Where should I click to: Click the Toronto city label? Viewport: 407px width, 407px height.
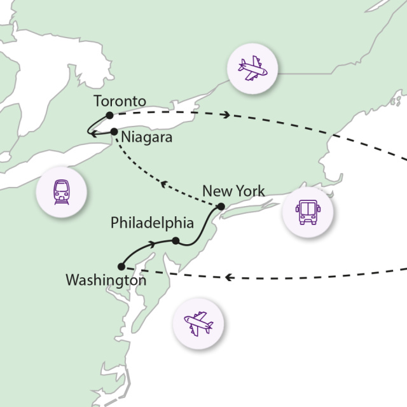point(120,102)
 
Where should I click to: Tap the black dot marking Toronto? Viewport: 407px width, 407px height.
point(110,115)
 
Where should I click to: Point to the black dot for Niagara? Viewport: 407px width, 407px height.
point(114,132)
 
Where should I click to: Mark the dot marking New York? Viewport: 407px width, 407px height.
point(220,206)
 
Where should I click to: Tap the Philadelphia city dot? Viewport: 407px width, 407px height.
point(175,240)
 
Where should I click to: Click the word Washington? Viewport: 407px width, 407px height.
point(106,279)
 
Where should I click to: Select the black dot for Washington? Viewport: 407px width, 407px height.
point(121,266)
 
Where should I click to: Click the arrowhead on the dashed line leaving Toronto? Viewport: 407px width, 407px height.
point(226,115)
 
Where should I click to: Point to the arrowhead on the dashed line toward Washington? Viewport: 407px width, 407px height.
point(228,277)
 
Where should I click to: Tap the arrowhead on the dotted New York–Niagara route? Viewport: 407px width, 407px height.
point(163,184)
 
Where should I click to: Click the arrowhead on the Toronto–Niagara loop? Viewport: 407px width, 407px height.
point(92,134)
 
